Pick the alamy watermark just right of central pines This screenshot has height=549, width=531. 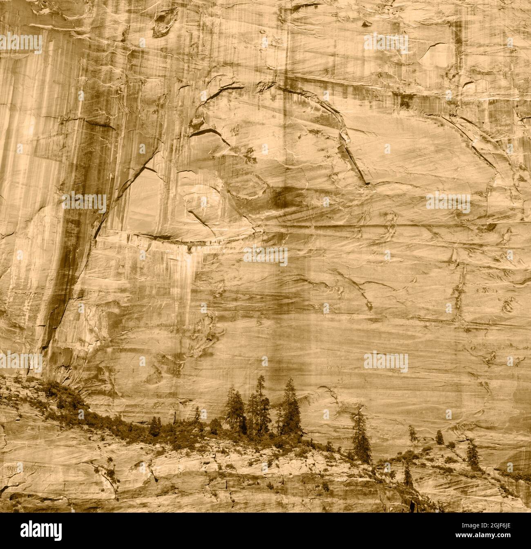pyautogui.click(x=386, y=362)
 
